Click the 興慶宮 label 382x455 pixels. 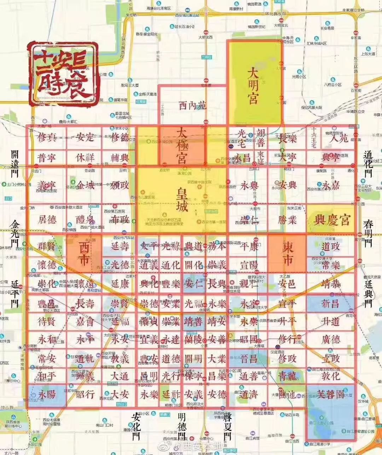click(x=332, y=220)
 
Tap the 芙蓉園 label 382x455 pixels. click(x=330, y=394)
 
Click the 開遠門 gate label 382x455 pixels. click(x=14, y=163)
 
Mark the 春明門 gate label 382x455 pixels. click(x=368, y=233)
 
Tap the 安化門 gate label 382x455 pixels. click(x=136, y=426)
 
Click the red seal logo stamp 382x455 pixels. click(x=63, y=74)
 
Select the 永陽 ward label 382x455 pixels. click(x=47, y=394)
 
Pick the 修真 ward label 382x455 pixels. click(x=47, y=137)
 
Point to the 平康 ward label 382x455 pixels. click(x=249, y=246)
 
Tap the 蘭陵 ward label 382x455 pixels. click(x=193, y=339)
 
